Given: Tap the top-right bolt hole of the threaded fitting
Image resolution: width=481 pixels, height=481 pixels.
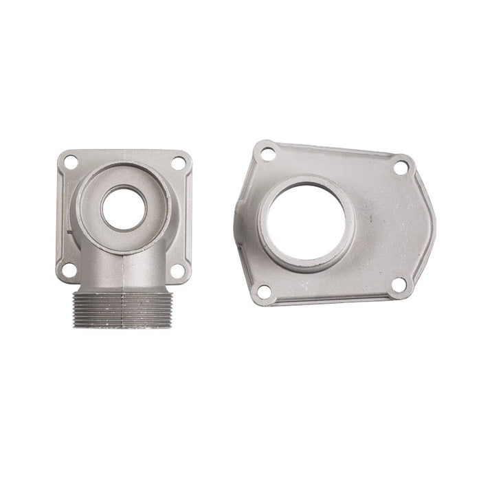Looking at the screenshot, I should click(x=178, y=163).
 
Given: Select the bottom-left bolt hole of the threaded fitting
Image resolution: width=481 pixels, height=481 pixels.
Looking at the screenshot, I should click(x=69, y=269).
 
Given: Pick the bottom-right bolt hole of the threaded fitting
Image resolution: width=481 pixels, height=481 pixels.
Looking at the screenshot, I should click(x=177, y=270).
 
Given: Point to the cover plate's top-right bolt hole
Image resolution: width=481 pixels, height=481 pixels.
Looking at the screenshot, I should click(x=401, y=167).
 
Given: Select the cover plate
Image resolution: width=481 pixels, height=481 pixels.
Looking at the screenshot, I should click(x=385, y=227).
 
